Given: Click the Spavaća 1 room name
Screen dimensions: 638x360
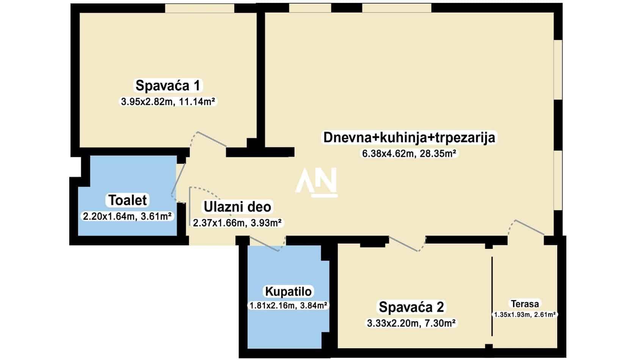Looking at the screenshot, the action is pyautogui.click(x=168, y=85).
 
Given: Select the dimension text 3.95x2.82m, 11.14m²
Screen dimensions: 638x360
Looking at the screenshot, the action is pyautogui.click(x=168, y=101).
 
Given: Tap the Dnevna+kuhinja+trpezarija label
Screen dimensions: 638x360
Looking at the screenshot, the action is pyautogui.click(x=409, y=137).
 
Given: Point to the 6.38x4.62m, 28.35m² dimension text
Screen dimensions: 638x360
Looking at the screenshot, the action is pyautogui.click(x=409, y=154).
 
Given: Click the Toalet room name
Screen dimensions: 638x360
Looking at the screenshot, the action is pyautogui.click(x=128, y=200).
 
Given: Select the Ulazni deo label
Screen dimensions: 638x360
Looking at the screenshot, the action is pyautogui.click(x=237, y=207).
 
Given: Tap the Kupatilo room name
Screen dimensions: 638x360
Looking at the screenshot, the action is pyautogui.click(x=288, y=292).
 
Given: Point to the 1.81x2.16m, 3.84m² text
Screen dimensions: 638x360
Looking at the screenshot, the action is pyautogui.click(x=288, y=305).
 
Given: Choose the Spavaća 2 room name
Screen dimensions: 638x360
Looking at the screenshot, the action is pyautogui.click(x=411, y=307).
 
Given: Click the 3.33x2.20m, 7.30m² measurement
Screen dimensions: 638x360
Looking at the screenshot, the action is pyautogui.click(x=411, y=323).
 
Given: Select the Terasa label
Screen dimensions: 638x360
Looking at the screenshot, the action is pyautogui.click(x=525, y=304).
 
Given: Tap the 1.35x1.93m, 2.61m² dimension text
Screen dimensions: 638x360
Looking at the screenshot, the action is pyautogui.click(x=525, y=315).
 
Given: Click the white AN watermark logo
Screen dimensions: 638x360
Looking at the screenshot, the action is pyautogui.click(x=317, y=183).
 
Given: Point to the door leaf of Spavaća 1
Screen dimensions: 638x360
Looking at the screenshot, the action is pyautogui.click(x=212, y=139).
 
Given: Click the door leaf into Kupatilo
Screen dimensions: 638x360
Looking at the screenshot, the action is pyautogui.click(x=264, y=244).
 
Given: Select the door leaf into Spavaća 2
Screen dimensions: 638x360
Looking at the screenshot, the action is pyautogui.click(x=404, y=244).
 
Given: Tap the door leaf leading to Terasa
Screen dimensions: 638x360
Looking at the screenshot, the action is pyautogui.click(x=530, y=227).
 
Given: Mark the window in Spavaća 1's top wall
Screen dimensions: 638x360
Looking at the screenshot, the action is pyautogui.click(x=200, y=8).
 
